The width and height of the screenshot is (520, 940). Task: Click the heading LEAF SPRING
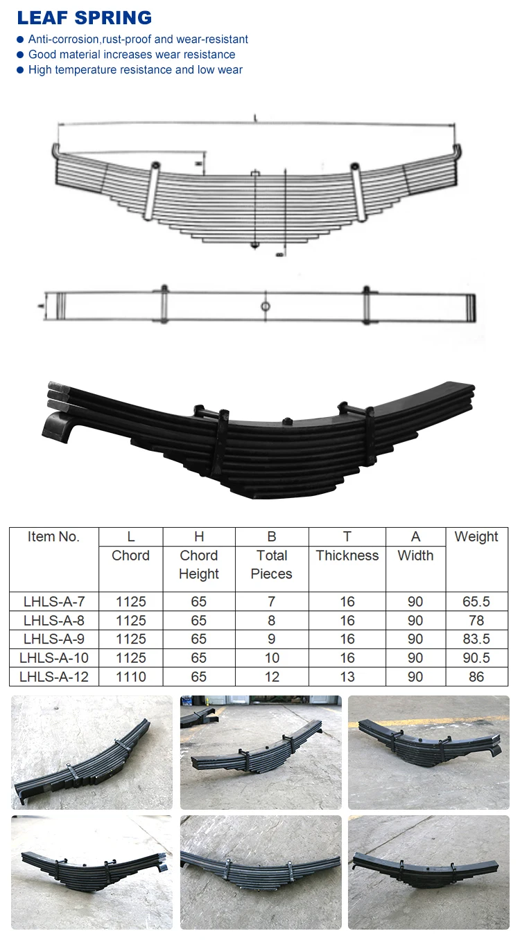click(85, 17)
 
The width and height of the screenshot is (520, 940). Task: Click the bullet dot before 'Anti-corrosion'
click(20, 39)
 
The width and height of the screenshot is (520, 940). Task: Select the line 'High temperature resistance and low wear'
click(135, 69)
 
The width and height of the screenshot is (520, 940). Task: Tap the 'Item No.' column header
click(53, 537)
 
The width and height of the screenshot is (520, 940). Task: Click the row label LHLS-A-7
click(53, 602)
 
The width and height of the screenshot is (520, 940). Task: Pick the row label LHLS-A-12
click(53, 677)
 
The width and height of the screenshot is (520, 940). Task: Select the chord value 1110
click(130, 677)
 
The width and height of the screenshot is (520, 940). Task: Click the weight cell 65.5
click(476, 602)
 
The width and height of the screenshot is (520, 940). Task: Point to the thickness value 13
click(347, 677)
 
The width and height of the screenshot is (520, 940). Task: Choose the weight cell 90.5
click(476, 658)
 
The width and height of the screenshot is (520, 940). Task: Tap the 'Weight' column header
click(476, 537)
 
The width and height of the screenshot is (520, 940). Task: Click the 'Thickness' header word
click(347, 556)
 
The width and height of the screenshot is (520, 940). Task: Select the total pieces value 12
click(271, 677)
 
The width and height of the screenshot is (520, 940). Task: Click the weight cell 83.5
click(476, 639)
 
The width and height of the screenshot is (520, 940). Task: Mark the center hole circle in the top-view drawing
click(265, 307)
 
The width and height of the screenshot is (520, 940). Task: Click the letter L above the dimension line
click(256, 120)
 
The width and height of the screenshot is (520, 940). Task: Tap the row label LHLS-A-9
click(53, 639)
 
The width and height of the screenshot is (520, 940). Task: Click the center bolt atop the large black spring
click(285, 421)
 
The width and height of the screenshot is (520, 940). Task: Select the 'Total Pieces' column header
click(271, 565)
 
